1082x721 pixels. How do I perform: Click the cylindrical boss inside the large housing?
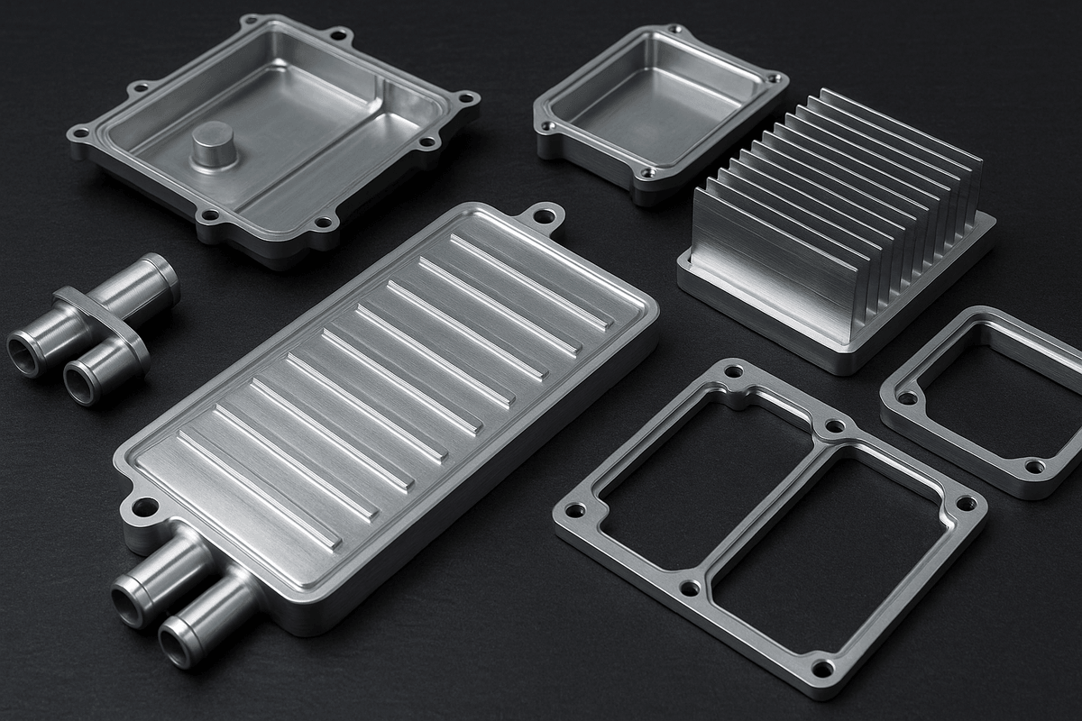click(x=213, y=144)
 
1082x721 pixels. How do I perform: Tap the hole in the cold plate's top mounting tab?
click(x=544, y=216)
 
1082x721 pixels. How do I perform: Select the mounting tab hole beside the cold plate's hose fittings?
click(x=143, y=508)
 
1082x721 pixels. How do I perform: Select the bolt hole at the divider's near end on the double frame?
click(x=689, y=588)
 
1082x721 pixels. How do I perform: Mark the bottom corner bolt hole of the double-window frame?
click(x=822, y=668)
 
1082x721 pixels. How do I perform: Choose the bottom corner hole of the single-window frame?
click(x=1033, y=467)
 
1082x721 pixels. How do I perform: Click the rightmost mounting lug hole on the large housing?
click(x=466, y=98)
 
